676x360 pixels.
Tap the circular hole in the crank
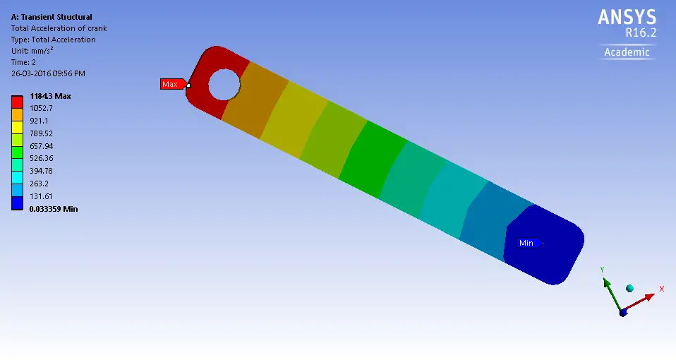[x=224, y=85]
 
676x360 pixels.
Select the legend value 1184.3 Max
[x=50, y=96]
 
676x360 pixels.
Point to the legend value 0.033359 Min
[x=54, y=209]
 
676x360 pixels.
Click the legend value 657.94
[x=42, y=146]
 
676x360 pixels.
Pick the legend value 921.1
[x=39, y=121]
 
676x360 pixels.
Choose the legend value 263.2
[x=39, y=184]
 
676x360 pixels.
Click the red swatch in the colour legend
[x=17, y=102]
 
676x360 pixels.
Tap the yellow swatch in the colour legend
[x=17, y=127]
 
